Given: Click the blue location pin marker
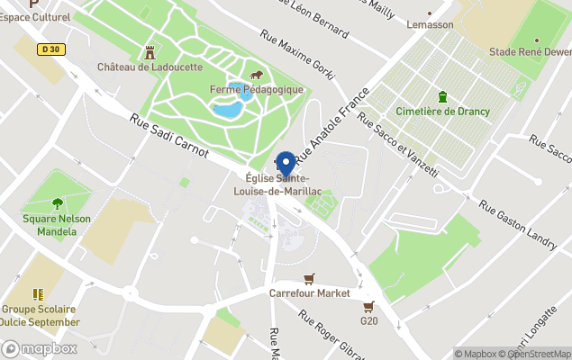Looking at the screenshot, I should tap(286, 164).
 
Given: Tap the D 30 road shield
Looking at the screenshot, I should tap(50, 51).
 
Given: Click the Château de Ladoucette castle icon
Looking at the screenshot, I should tap(150, 52).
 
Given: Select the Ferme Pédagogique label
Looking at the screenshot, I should tap(256, 89).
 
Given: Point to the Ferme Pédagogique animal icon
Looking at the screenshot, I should tap(257, 75).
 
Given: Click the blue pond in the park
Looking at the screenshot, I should tap(229, 107).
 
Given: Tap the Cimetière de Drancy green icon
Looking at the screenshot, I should tap(442, 96).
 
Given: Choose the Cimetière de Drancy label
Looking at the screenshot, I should tap(443, 112).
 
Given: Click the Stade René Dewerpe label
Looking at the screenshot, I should tap(530, 52).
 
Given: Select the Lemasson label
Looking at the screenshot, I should tap(430, 24).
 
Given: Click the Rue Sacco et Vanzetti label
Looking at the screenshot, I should tap(397, 144).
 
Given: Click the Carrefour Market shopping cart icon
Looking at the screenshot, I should tap(309, 278).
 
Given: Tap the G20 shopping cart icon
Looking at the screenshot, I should tap(368, 306).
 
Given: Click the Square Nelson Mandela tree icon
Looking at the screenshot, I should tap(58, 203).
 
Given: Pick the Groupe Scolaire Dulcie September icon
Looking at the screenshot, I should tap(38, 294).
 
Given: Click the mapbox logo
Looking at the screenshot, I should tap(40, 349).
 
